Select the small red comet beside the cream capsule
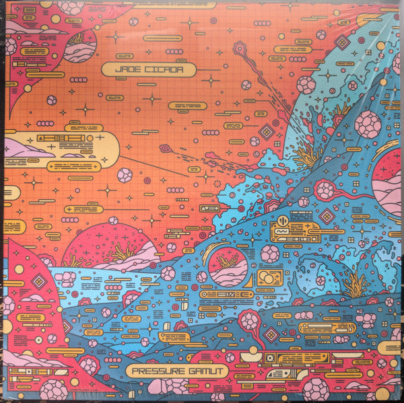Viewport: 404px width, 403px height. click(x=164, y=149)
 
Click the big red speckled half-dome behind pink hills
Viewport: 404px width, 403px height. click(x=111, y=246)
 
